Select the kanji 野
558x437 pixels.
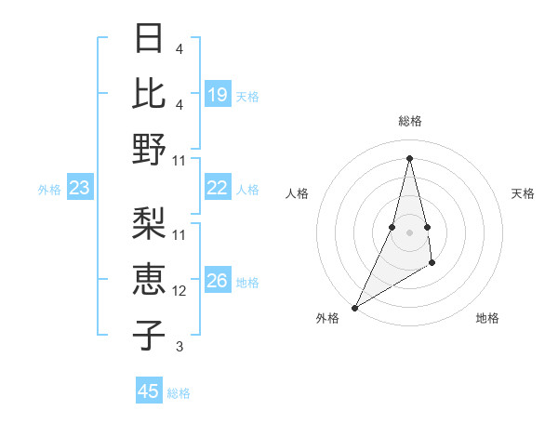coord(150,149)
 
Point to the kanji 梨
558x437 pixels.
coord(150,223)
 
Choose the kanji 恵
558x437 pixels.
coord(150,279)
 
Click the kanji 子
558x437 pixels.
coord(150,335)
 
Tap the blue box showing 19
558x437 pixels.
coord(218,95)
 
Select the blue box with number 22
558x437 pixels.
coord(218,188)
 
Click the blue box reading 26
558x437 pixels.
coord(218,282)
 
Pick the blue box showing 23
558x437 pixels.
coord(80,189)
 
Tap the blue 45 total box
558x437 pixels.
coord(149,391)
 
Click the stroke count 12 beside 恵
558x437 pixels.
coord(179,291)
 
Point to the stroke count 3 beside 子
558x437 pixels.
coord(179,347)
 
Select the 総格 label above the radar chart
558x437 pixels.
coord(409,121)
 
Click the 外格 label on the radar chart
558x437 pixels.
coord(327,318)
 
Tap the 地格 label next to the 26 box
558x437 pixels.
coord(248,283)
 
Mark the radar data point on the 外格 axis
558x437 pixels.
coord(354,308)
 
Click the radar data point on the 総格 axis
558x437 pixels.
coord(409,157)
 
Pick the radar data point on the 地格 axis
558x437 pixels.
coord(433,264)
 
